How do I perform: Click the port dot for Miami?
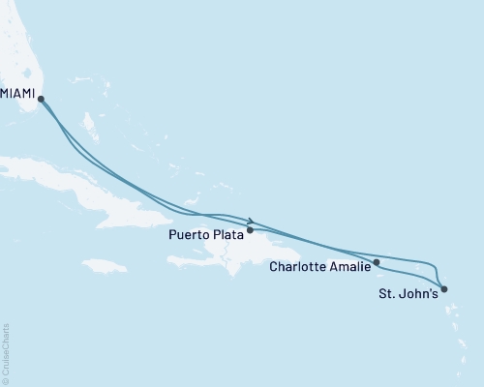tap(41, 98)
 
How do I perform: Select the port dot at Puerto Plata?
tap(251, 230)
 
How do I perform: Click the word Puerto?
tap(191, 233)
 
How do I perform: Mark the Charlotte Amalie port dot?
tap(377, 262)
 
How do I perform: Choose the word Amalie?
tap(349, 266)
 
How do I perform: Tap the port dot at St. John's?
tap(443, 288)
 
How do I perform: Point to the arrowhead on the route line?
tap(252, 220)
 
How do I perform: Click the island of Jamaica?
tap(105, 265)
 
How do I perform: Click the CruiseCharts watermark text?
tap(6, 352)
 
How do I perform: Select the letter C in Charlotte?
tap(275, 266)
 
